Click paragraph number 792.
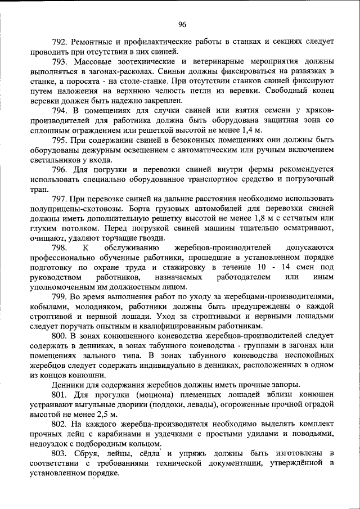pos(60,42)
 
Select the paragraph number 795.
pos(60,140)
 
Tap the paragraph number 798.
pos(60,247)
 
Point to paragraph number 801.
pos(60,395)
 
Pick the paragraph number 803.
pos(60,453)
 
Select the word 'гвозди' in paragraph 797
pos(148,237)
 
